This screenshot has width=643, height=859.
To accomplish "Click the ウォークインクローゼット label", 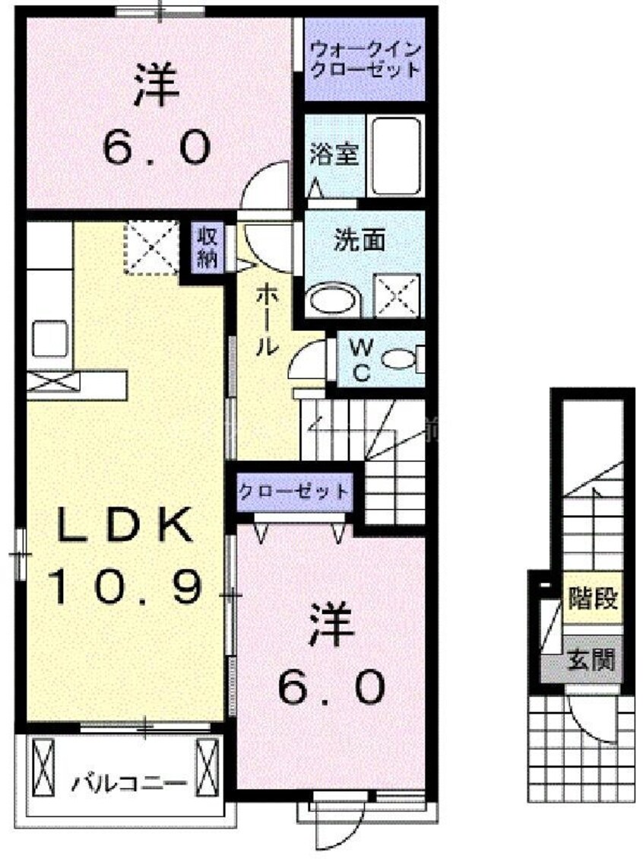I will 364,60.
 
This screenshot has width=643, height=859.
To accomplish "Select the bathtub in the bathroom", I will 397,155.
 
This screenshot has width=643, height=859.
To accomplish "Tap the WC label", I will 362,359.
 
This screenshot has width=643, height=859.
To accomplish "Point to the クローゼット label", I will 293,492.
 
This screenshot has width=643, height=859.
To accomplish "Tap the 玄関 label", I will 591,660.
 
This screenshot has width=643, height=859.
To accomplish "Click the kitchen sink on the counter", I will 50,339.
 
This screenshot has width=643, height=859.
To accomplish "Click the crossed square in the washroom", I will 396,293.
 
